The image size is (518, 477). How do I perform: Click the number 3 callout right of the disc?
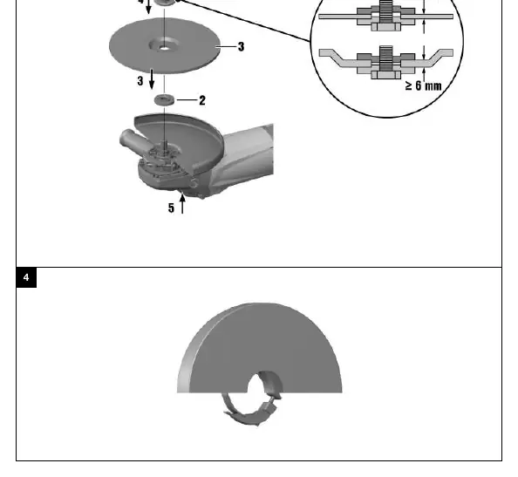(x=242, y=46)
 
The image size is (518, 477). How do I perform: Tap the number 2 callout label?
(x=202, y=100)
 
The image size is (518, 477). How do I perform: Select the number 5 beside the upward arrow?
(x=171, y=208)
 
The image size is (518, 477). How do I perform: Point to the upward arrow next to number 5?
(x=182, y=204)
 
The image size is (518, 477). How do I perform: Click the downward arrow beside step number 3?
(x=152, y=79)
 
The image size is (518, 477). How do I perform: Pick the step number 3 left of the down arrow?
(x=140, y=81)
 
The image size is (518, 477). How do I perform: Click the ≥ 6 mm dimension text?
(x=424, y=85)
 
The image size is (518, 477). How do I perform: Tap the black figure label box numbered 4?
(x=26, y=277)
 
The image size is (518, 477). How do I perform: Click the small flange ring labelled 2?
(x=164, y=99)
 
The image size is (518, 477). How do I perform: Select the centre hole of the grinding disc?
(x=164, y=49)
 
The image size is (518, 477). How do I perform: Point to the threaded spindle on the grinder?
(x=164, y=145)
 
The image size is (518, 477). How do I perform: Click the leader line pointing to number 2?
(x=187, y=99)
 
